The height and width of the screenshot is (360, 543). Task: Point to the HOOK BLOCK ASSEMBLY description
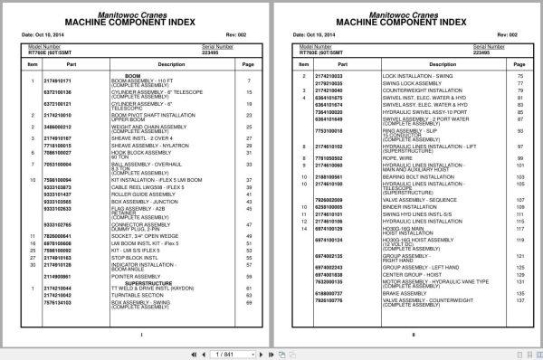[135, 152]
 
